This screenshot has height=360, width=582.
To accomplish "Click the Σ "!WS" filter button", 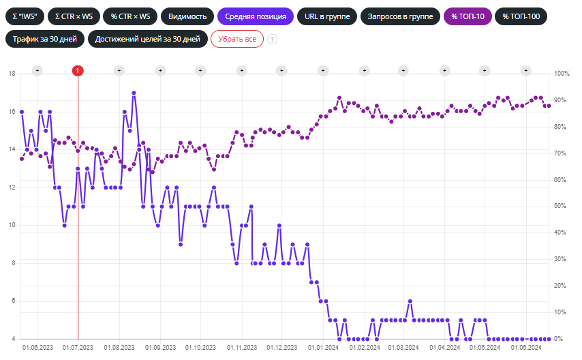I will [24, 16].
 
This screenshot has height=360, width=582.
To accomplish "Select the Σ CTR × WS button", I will [73, 16].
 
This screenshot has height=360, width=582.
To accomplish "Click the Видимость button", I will [187, 16].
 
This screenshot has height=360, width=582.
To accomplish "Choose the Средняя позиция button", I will [256, 16].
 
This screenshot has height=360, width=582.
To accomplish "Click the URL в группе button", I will [326, 16].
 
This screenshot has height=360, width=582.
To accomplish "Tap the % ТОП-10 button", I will [468, 16].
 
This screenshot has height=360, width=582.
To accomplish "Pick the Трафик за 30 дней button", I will [45, 39].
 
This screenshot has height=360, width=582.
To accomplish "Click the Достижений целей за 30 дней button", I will [148, 39].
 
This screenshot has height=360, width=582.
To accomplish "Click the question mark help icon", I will [272, 40].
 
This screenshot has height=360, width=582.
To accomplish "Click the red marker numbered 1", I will [78, 70].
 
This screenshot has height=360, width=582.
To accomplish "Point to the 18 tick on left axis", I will [11, 74].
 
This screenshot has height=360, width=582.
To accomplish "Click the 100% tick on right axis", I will [562, 74].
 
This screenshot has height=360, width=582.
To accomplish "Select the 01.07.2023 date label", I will [78, 348].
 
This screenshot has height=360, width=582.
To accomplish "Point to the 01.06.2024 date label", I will [525, 348].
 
